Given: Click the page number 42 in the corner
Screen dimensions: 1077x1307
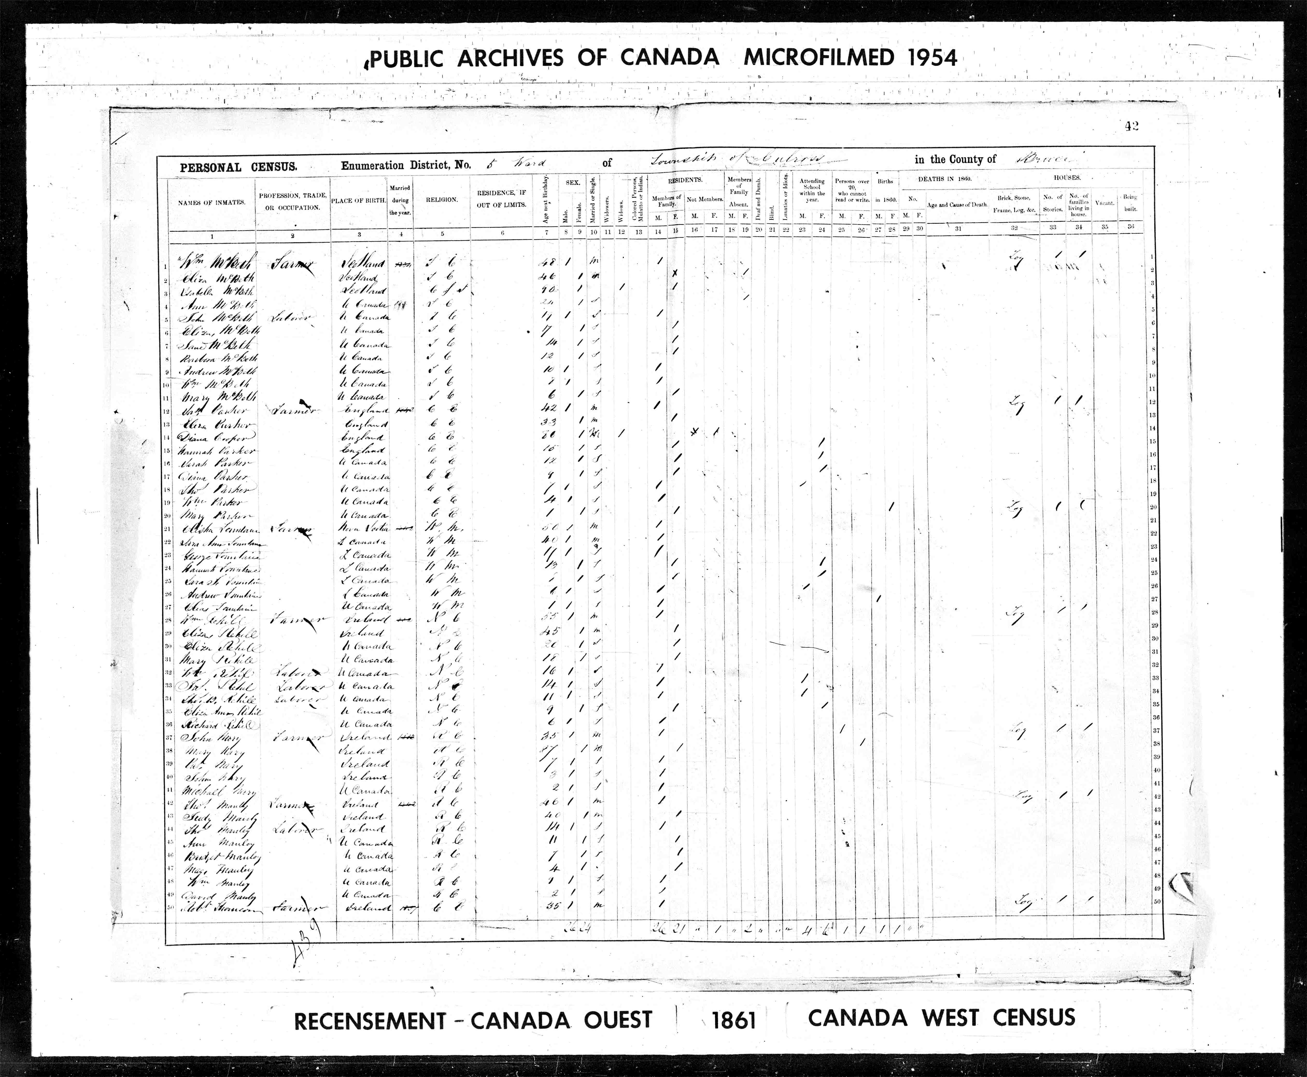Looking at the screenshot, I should click(1132, 126).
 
